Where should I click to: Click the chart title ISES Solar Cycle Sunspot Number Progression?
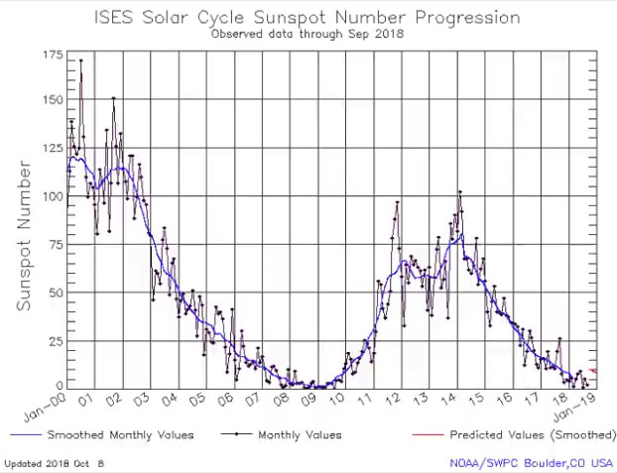(308, 17)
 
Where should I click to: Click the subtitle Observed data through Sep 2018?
(308, 34)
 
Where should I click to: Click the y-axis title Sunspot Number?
(24, 224)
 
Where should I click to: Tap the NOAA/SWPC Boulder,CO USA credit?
(533, 463)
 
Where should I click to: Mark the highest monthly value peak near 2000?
(81, 61)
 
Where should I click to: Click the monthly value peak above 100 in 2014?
(459, 192)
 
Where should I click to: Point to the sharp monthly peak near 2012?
(398, 202)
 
